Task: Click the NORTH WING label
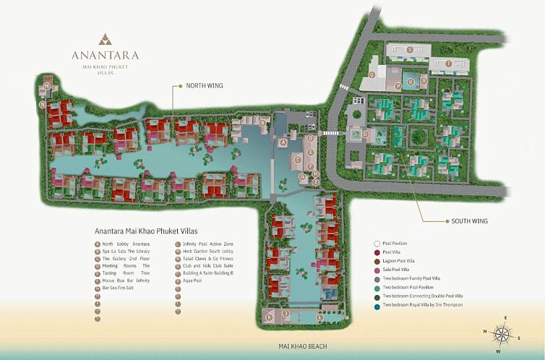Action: (205, 85)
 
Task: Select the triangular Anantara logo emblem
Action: (106, 38)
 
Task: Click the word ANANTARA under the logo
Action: (106, 54)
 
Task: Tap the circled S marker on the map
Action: (410, 49)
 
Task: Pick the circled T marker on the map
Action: (449, 64)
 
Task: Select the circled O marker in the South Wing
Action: (366, 134)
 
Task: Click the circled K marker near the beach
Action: (269, 316)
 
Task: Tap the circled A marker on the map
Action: (284, 142)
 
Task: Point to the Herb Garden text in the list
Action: (198, 251)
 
